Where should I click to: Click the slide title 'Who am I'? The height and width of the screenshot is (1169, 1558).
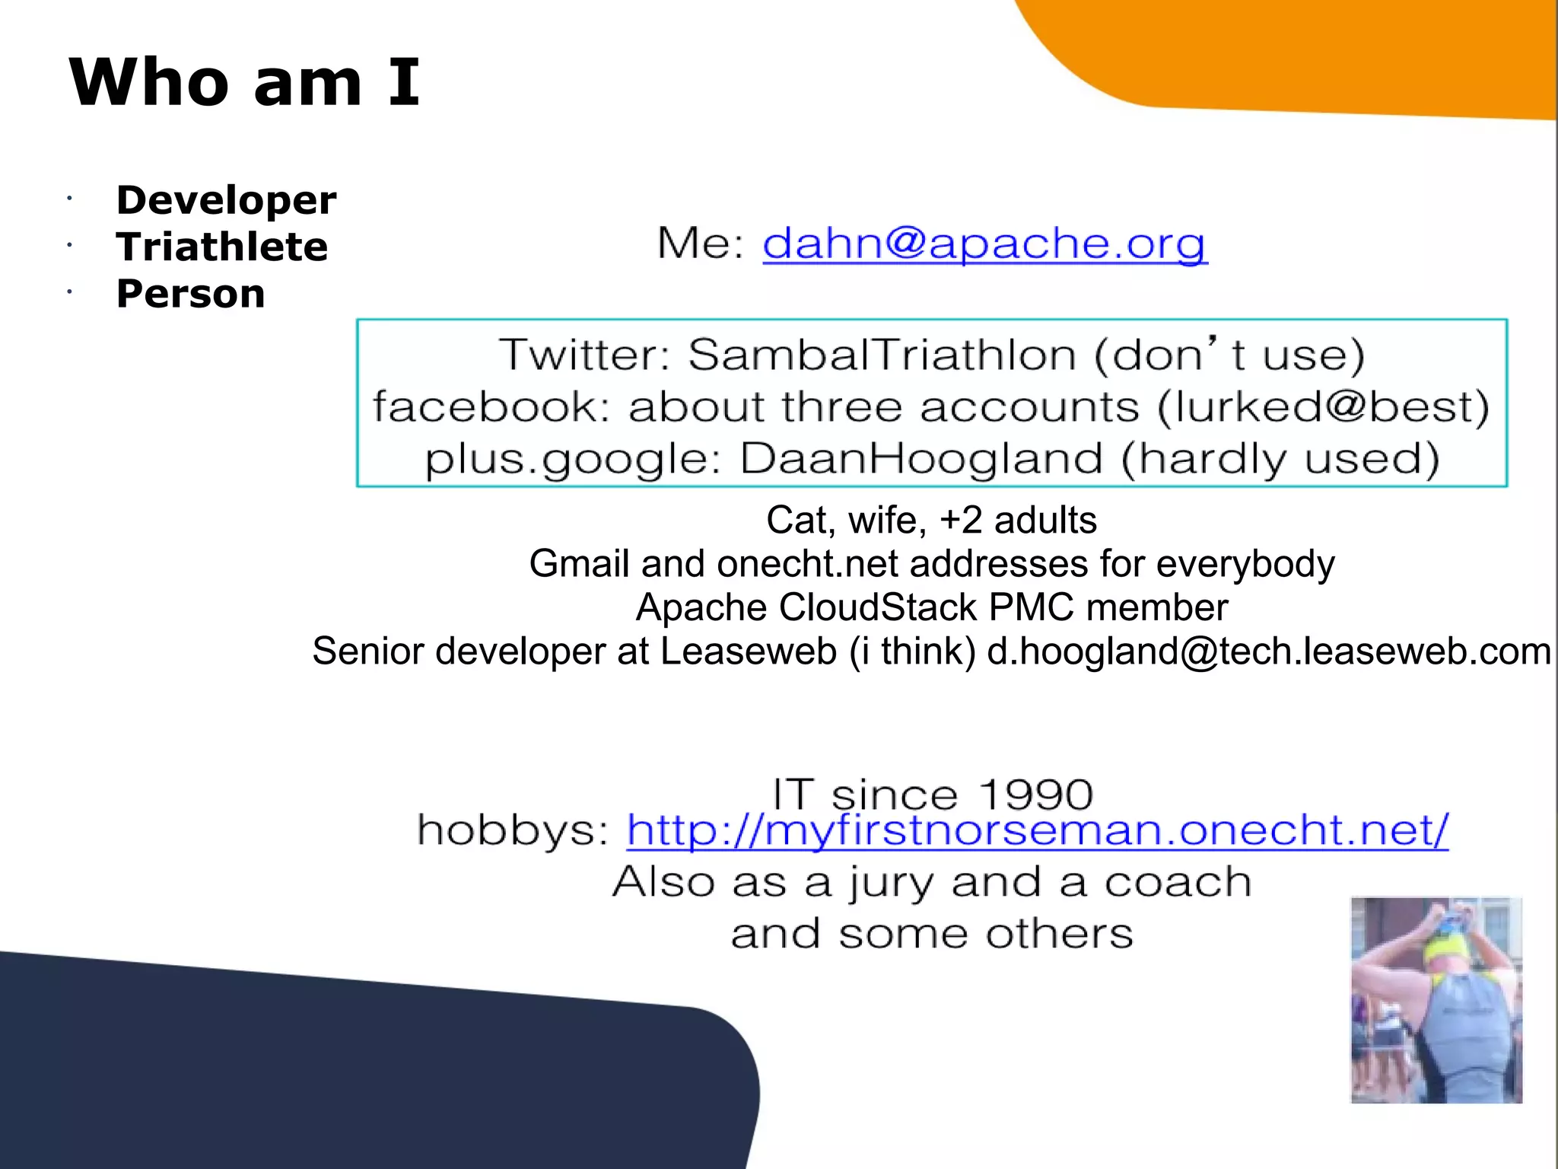243,82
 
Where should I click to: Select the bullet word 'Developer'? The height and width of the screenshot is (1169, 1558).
226,200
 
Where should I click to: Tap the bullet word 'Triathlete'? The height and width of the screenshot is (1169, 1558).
221,247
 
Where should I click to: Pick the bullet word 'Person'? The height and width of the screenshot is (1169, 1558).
190,294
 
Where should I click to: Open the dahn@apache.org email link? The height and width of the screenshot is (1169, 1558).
984,244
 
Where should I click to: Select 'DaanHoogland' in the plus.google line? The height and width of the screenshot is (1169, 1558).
920,459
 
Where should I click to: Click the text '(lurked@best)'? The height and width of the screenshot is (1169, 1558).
1322,406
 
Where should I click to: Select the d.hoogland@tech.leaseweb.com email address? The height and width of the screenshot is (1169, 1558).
1268,651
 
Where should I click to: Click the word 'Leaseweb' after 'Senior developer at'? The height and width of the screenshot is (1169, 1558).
748,651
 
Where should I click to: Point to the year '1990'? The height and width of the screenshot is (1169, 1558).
1035,795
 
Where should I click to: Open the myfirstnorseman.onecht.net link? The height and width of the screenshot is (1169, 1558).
1037,830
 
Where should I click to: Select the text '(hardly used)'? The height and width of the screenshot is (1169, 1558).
1280,459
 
